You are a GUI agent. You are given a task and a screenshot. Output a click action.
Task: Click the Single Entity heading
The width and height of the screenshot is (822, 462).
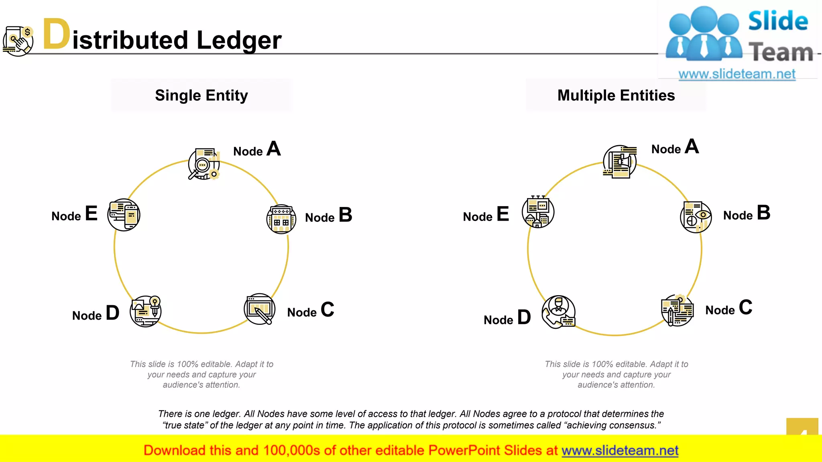pos(201,95)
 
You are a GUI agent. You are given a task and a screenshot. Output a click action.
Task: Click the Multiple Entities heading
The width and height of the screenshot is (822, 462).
pos(616,95)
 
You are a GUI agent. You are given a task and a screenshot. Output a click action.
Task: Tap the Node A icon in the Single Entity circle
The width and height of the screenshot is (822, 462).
pos(204,164)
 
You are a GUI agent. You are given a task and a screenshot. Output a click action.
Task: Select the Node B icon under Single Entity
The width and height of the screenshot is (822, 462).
pos(281,219)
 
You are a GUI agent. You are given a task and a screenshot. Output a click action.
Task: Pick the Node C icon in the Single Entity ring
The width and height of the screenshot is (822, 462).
pos(260,309)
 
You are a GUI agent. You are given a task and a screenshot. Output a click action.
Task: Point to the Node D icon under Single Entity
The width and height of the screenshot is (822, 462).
pos(146,312)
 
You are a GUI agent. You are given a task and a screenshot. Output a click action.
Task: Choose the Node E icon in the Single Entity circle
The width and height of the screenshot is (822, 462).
pos(124,215)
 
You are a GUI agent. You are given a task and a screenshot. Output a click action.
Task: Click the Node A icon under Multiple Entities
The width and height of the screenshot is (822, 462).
pos(620,162)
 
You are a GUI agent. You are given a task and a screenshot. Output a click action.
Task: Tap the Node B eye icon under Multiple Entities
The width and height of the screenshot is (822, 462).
pos(696,217)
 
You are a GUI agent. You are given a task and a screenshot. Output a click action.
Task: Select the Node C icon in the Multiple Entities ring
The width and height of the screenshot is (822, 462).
pos(678,310)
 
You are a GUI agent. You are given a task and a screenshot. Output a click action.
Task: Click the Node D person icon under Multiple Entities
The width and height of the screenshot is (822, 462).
pos(558,312)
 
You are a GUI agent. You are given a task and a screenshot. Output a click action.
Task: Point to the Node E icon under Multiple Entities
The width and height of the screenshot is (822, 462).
pos(538,212)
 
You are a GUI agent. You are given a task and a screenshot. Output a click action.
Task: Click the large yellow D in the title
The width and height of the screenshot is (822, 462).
pos(56,34)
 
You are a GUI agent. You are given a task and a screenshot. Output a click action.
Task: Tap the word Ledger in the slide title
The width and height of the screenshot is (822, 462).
pos(239,41)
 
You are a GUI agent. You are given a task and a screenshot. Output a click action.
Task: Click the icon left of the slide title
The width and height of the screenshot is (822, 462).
pos(18,41)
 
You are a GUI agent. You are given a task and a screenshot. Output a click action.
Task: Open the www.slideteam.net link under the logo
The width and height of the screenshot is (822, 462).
pos(737,74)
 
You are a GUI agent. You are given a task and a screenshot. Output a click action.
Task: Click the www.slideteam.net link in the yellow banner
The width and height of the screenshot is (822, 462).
pos(620,451)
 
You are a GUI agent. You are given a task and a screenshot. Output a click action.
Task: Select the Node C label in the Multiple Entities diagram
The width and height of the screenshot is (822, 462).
pos(729,308)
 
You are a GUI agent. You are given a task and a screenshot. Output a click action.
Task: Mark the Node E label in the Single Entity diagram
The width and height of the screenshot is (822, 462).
pos(75,214)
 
